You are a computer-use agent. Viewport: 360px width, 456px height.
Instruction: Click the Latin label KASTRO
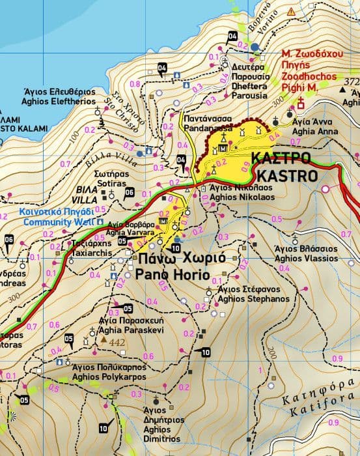click(x=287, y=176)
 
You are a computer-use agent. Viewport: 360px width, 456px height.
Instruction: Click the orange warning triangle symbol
click(x=290, y=12)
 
